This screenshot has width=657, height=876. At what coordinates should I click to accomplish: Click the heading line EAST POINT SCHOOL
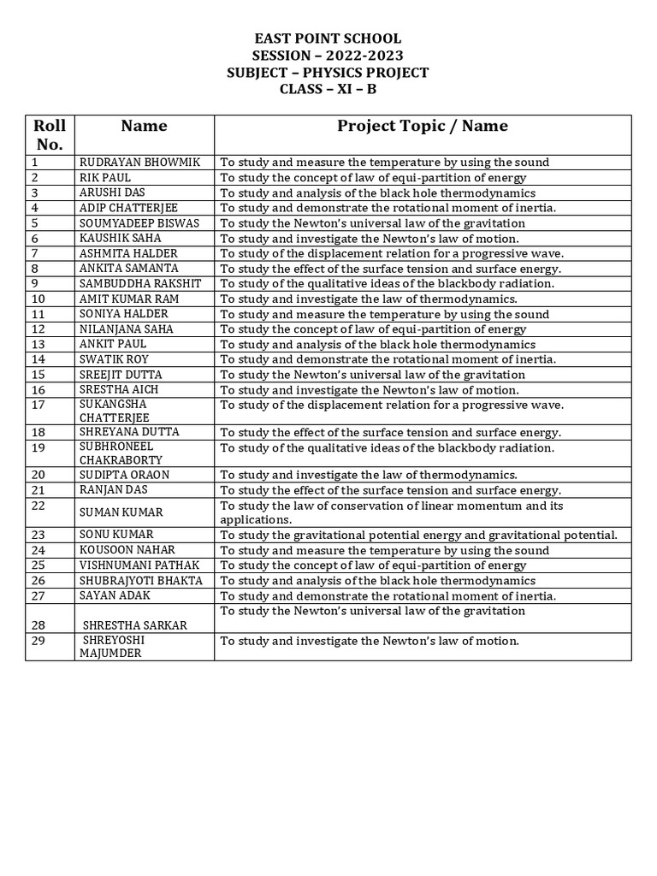pyautogui.click(x=328, y=38)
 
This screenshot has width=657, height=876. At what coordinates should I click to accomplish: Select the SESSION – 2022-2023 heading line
pyautogui.click(x=328, y=56)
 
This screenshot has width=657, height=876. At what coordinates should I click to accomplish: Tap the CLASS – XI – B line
pyautogui.click(x=328, y=90)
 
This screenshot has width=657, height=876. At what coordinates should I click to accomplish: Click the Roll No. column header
pyautogui.click(x=49, y=134)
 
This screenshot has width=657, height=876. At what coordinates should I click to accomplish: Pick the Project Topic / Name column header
pyautogui.click(x=422, y=126)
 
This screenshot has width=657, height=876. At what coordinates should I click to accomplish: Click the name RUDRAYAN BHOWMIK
pyautogui.click(x=135, y=162)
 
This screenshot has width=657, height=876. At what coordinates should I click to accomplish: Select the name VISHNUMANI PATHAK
pyautogui.click(x=138, y=565)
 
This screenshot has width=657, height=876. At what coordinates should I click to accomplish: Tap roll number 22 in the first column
pyautogui.click(x=38, y=506)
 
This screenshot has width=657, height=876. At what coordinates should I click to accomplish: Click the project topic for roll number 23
pyautogui.click(x=418, y=535)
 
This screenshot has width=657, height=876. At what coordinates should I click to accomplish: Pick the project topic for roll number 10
pyautogui.click(x=369, y=299)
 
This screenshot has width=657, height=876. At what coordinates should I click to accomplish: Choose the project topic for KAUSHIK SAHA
pyautogui.click(x=370, y=238)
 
